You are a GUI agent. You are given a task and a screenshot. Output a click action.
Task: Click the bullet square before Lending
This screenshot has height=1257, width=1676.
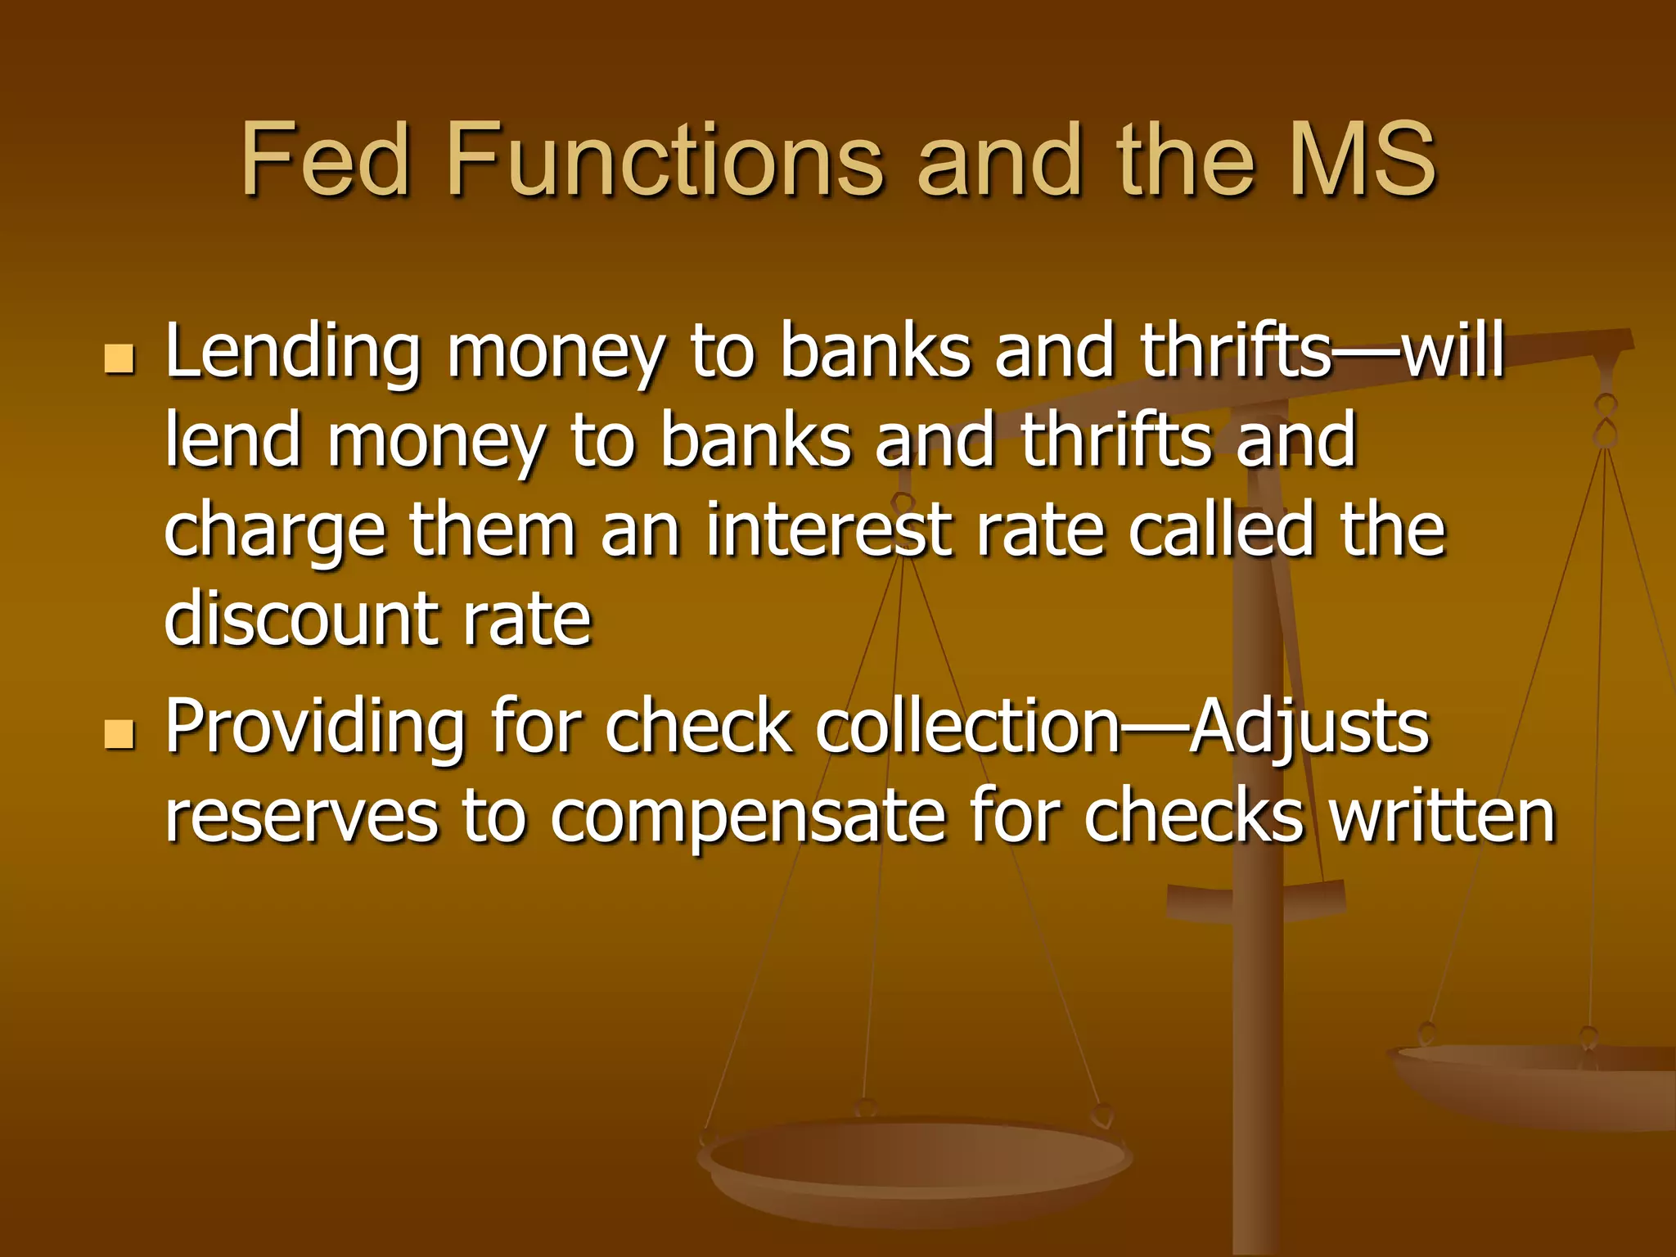(119, 359)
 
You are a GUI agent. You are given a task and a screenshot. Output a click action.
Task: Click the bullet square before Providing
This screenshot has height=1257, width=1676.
(119, 734)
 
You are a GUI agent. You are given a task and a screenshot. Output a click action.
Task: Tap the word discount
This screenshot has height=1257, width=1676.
(300, 619)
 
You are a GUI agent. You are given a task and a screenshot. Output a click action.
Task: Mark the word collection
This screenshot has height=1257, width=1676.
(967, 727)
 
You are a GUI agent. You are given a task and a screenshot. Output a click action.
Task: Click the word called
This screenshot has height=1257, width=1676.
(1220, 530)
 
